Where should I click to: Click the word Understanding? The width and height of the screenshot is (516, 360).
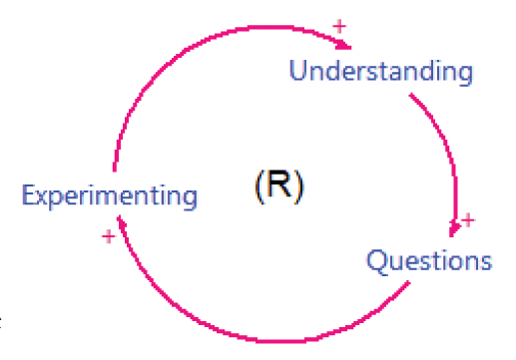point(379,72)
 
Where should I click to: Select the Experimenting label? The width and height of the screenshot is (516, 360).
point(109,194)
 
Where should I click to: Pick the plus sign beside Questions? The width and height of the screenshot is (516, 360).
point(469,219)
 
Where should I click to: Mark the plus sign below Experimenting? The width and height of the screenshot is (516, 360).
point(109,235)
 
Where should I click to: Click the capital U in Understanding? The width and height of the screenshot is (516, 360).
point(298,71)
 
